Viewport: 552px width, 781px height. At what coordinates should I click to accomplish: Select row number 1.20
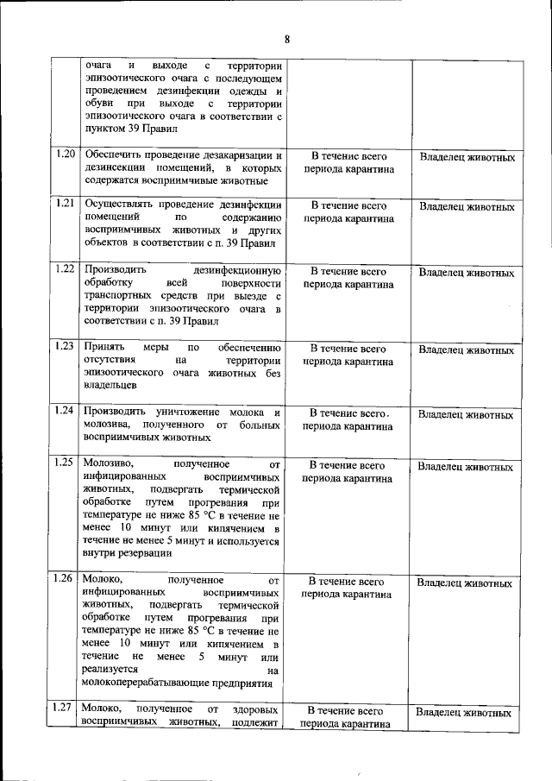(x=64, y=154)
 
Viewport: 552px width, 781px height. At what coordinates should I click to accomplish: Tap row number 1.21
(x=64, y=204)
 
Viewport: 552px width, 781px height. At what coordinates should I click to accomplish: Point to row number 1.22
(x=64, y=268)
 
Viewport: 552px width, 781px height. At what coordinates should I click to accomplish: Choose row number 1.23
(x=64, y=346)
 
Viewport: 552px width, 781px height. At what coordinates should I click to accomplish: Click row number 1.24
(x=64, y=410)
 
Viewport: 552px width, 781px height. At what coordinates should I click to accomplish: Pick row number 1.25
(x=64, y=463)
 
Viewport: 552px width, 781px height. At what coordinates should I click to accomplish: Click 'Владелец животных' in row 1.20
(x=467, y=158)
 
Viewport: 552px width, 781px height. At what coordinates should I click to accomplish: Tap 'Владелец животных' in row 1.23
(x=467, y=350)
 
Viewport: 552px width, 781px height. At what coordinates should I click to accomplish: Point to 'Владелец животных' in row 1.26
(x=466, y=583)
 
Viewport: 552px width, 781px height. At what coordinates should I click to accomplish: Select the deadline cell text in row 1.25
(x=348, y=471)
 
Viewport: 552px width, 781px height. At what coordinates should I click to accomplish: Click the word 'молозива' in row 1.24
(x=108, y=424)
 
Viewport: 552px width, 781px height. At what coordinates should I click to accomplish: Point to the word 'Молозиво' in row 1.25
(x=110, y=463)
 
